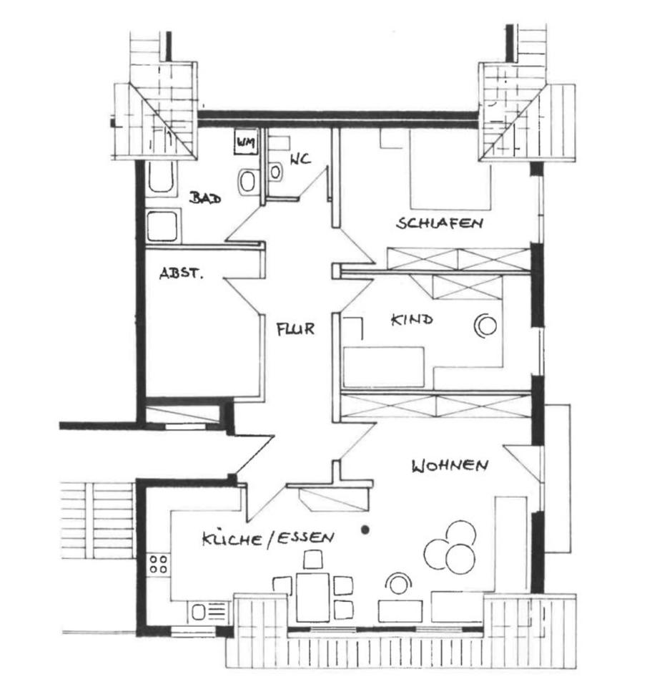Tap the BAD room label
[x=204, y=198]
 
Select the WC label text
[x=300, y=160]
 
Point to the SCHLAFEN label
[x=440, y=223]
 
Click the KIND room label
[x=411, y=320]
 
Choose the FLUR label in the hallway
[x=296, y=330]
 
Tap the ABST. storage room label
[x=180, y=273]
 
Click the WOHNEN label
[x=450, y=466]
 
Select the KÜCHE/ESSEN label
[x=267, y=538]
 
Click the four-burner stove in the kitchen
[x=159, y=564]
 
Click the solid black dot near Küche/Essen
[x=365, y=530]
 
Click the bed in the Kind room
[x=385, y=366]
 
